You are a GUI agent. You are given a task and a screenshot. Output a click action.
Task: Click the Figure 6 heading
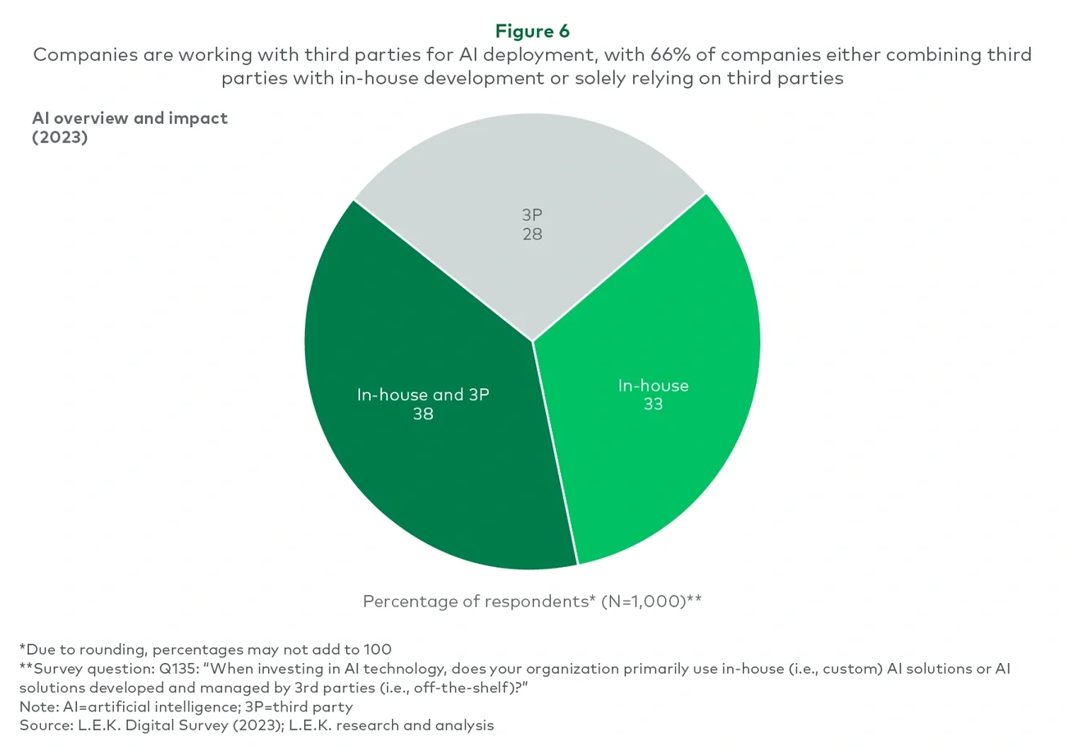pos(532,31)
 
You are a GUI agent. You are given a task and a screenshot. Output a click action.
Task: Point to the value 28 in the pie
pos(532,235)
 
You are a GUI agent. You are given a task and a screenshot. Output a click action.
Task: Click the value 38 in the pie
pos(423,414)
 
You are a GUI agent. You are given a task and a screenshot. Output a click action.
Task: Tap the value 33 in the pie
pos(653,405)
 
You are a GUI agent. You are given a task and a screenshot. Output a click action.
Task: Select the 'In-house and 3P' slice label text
pos(423,395)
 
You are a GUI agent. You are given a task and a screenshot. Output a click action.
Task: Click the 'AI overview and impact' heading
pos(130,118)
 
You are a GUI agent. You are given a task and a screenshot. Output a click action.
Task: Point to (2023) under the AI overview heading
pos(60,137)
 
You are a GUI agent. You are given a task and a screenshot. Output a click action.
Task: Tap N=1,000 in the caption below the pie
pos(643,601)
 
